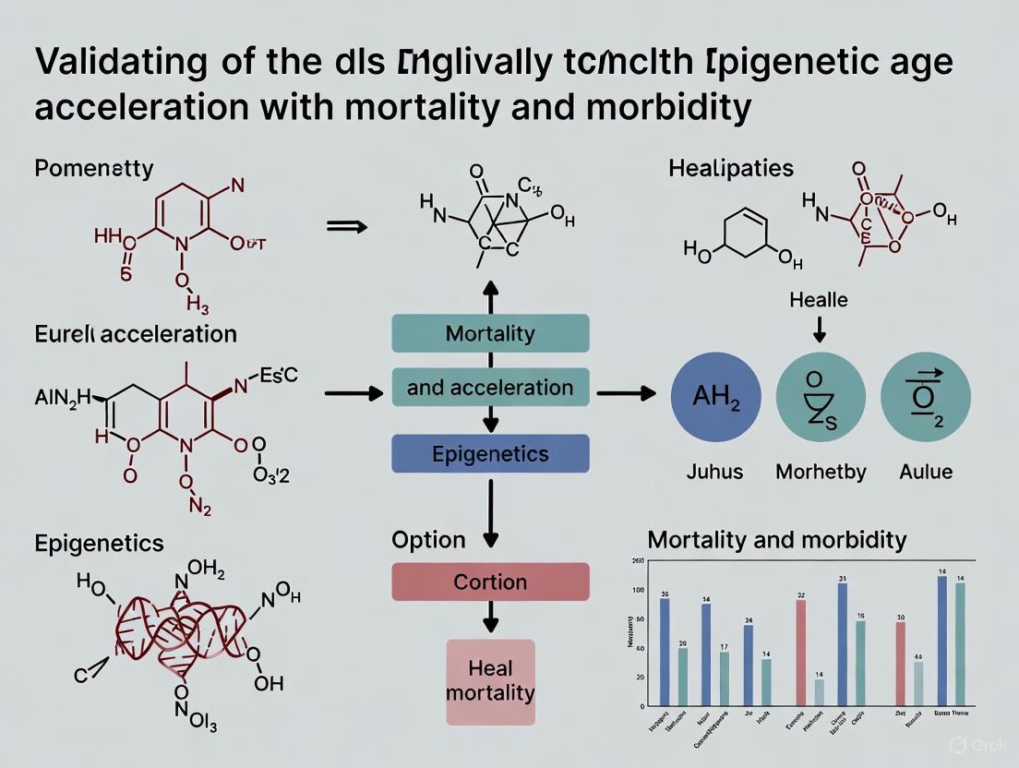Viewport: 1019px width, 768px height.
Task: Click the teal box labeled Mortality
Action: (x=490, y=333)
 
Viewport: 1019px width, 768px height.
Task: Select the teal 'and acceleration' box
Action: (x=490, y=388)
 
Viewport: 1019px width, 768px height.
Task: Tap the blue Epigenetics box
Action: (x=490, y=454)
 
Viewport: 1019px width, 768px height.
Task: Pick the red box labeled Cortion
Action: (x=490, y=582)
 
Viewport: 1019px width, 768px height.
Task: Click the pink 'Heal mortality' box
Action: (x=490, y=680)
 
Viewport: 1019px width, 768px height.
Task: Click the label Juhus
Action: (x=714, y=472)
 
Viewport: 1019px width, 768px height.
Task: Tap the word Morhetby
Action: (x=821, y=472)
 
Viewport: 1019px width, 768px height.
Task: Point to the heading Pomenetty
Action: (x=93, y=169)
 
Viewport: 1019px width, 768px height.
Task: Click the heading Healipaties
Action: (x=731, y=169)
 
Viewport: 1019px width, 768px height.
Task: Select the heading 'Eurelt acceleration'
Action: (x=135, y=333)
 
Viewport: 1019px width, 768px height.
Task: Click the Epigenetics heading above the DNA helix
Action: (x=99, y=543)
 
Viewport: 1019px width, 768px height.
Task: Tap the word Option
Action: (x=428, y=540)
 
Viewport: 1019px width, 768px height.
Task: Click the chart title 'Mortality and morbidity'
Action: (x=777, y=540)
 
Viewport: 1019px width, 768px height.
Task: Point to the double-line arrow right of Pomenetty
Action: (x=348, y=224)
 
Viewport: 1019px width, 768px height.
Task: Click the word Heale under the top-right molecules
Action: (x=818, y=300)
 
